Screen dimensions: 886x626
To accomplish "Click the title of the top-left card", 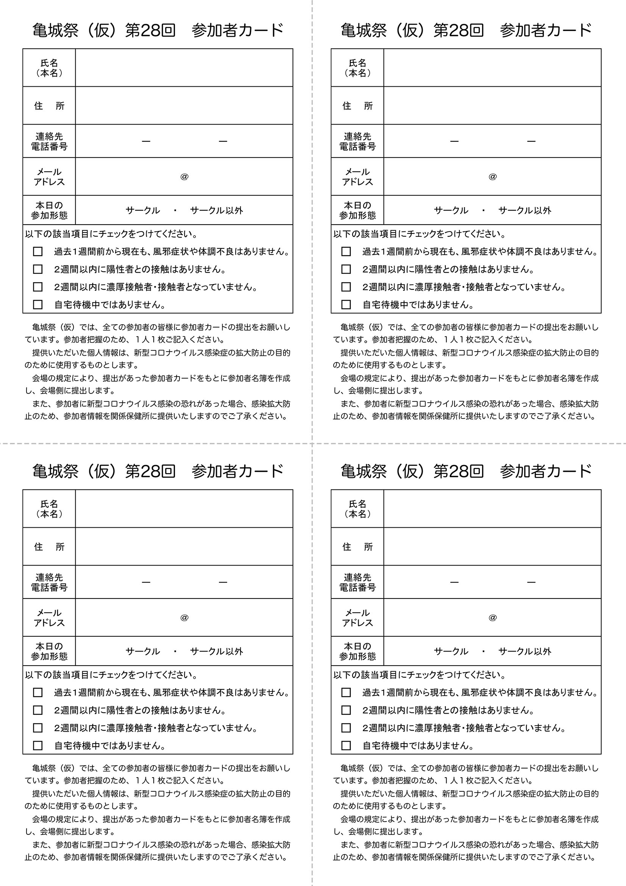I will pyautogui.click(x=158, y=30).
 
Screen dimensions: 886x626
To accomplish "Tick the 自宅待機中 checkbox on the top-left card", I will pyautogui.click(x=38, y=305).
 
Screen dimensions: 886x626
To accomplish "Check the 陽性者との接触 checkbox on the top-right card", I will pyautogui.click(x=346, y=269).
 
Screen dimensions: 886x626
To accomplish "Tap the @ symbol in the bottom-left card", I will pyautogui.click(x=184, y=617).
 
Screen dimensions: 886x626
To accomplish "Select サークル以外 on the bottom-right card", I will pyautogui.click(x=525, y=652).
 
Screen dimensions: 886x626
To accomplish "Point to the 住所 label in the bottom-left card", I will pyautogui.click(x=49, y=547).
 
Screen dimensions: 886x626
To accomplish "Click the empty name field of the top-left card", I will pyautogui.click(x=184, y=67).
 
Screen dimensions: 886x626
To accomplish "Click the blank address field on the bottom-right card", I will pyautogui.click(x=492, y=547).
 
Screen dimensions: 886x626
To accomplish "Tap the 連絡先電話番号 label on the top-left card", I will pyautogui.click(x=49, y=141).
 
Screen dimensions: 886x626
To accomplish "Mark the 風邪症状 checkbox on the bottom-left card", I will pyautogui.click(x=38, y=692).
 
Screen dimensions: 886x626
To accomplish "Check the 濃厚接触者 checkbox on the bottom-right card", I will pyautogui.click(x=346, y=728).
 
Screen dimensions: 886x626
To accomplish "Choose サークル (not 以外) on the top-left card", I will pyautogui.click(x=143, y=210).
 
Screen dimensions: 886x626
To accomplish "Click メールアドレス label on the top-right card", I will pyautogui.click(x=357, y=177).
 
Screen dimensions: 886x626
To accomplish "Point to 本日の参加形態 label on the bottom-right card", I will pyautogui.click(x=357, y=652).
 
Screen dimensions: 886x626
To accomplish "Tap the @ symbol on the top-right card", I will pyautogui.click(x=493, y=177).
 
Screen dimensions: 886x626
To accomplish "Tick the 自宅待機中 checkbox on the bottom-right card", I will pyautogui.click(x=346, y=745).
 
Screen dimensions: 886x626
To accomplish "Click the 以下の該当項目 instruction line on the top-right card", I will pyautogui.click(x=419, y=234).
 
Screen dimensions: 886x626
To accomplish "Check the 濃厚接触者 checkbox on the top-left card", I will pyautogui.click(x=38, y=287).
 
